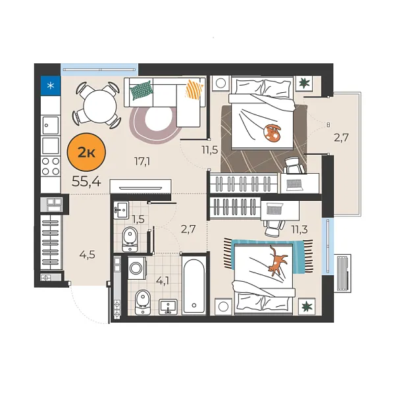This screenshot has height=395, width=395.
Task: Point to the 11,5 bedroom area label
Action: point(210,149)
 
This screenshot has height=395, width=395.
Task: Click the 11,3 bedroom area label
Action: point(300,229)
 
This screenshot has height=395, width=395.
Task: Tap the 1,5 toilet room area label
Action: point(138,218)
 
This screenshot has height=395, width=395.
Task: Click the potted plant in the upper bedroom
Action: point(305,84)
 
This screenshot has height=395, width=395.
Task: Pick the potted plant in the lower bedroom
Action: point(305,305)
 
